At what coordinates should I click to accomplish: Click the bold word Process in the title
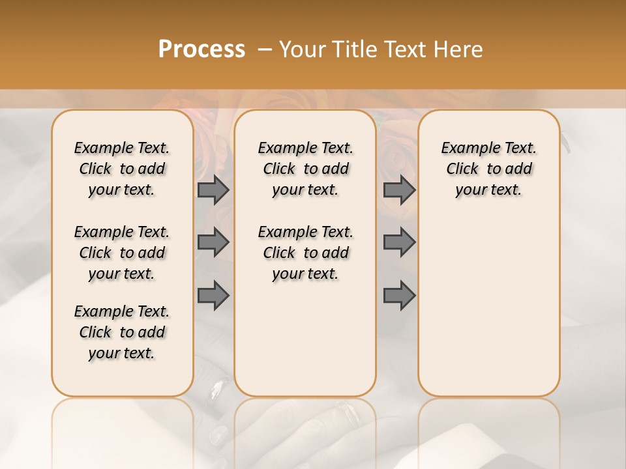click(201, 50)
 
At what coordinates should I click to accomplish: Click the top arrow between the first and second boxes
click(213, 190)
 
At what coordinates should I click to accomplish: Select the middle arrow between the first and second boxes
click(213, 243)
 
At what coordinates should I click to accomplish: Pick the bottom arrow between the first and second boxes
click(213, 296)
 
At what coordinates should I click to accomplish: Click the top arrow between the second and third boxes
click(399, 190)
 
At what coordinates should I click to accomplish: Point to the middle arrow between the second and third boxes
click(399, 243)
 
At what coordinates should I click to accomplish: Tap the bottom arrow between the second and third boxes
click(399, 296)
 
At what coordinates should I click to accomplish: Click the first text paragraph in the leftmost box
click(122, 169)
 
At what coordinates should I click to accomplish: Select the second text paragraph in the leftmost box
click(122, 253)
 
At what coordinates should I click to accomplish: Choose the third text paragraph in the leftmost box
click(122, 332)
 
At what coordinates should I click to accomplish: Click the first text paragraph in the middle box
click(305, 169)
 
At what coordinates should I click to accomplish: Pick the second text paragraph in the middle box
click(305, 253)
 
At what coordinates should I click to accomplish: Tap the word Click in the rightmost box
click(462, 169)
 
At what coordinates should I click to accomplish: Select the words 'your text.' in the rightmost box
click(488, 190)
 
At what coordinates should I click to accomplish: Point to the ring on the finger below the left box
click(215, 391)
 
